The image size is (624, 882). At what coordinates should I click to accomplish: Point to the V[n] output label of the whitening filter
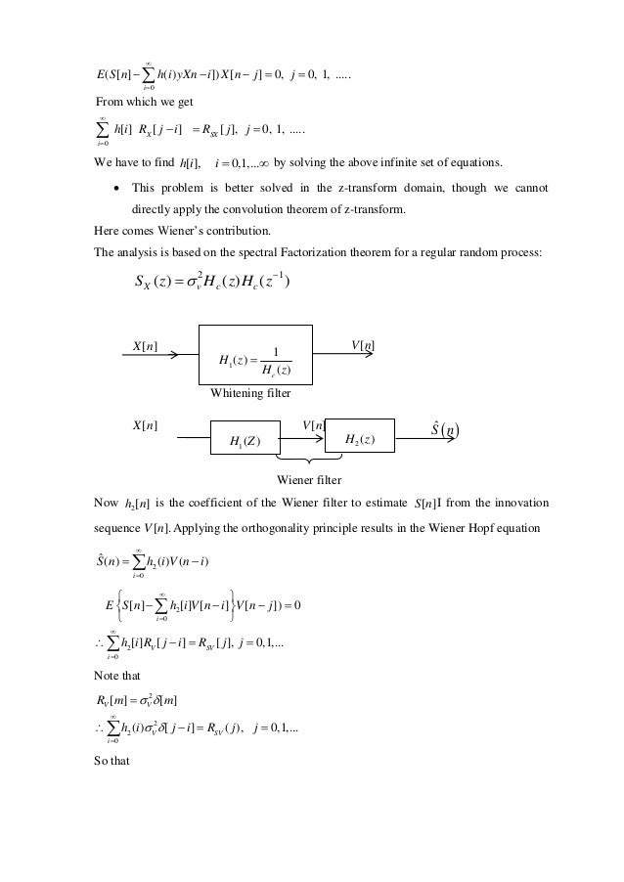coord(363,344)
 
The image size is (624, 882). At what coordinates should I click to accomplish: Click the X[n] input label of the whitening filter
coord(146,344)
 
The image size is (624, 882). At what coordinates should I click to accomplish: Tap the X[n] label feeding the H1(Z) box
coord(146,425)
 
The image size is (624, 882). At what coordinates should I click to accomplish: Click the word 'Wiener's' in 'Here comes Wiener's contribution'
coord(202,231)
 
